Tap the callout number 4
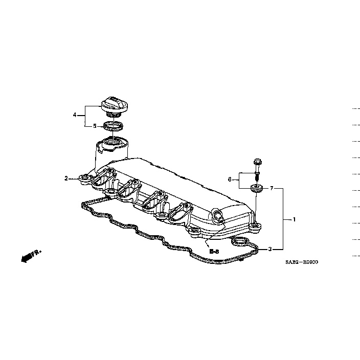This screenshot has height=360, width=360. click(x=75, y=115)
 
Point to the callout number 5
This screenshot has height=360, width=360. click(x=94, y=125)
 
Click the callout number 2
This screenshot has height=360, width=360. click(x=66, y=178)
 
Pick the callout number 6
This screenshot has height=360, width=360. click(x=230, y=179)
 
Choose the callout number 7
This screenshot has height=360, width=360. click(x=272, y=189)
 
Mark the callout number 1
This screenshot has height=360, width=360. click(x=294, y=219)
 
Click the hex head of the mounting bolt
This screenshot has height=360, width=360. click(x=256, y=164)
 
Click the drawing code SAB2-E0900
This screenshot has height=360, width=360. click(x=302, y=262)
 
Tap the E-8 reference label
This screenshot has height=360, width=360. click(x=214, y=252)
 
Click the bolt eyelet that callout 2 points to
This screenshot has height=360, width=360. click(x=84, y=179)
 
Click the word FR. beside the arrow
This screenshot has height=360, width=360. click(x=36, y=253)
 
